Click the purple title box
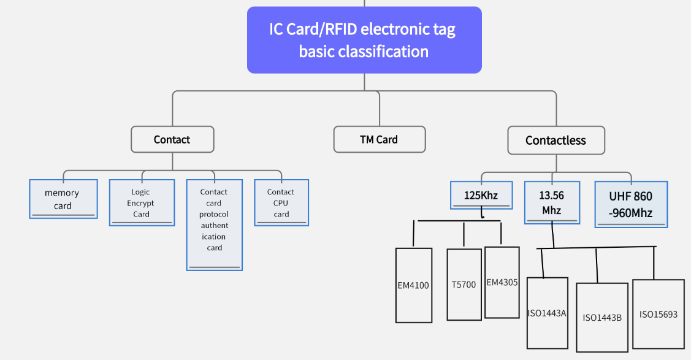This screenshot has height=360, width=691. coord(364,40)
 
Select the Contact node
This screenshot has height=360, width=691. coord(172,140)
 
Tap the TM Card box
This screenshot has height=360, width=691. coord(379,139)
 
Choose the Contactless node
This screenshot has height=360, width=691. coord(555,140)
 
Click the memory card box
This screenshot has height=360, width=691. coord(63,199)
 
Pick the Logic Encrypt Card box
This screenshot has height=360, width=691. coord(141,203)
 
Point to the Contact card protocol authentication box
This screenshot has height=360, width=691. coord(215,224)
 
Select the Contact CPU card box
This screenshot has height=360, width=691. coord(281,203)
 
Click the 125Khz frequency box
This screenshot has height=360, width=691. coord(481,196)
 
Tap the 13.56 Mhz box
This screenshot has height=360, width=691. coord(551,202)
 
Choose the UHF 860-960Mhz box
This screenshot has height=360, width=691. coord(630,204)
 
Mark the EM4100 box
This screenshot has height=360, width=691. coord(413,285)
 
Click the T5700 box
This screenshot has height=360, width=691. coord(464,285)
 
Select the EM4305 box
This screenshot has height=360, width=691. coord(502,283)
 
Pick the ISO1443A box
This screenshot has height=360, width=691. coord(547,313)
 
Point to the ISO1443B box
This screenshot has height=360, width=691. coord(602,317)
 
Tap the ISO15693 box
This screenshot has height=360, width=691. coord(658,314)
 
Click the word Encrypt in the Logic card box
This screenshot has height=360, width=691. coord(141,203)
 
